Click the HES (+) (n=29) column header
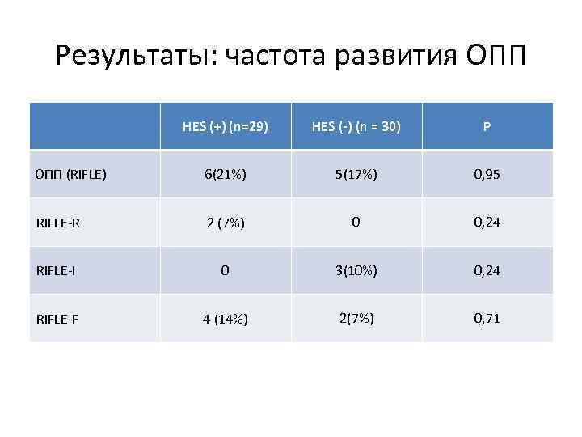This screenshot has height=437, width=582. [x=226, y=126]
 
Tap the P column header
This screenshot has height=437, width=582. [x=487, y=127]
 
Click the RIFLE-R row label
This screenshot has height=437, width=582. [x=58, y=223]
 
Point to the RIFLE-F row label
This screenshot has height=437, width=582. [x=58, y=319]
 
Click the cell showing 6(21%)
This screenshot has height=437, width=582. [x=226, y=173]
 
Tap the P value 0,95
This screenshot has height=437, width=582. [x=487, y=173]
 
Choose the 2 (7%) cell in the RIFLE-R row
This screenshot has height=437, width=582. [x=226, y=223]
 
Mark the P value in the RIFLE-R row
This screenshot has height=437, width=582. [x=487, y=222]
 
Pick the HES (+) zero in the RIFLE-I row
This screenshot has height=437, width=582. [x=226, y=270]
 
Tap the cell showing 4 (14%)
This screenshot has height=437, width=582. [x=226, y=319]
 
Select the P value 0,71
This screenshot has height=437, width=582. [x=487, y=318]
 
